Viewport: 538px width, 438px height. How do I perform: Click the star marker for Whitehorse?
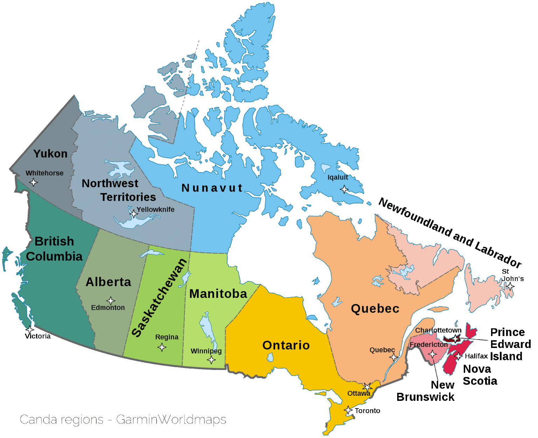click(33, 182)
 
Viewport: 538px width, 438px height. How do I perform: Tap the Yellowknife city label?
click(156, 210)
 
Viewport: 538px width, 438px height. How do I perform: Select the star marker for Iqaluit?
click(344, 190)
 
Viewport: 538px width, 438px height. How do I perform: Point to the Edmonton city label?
click(108, 308)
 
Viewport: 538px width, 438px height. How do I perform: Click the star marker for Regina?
click(161, 348)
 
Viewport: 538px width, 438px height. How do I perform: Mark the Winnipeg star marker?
click(211, 360)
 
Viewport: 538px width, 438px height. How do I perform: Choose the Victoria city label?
click(38, 336)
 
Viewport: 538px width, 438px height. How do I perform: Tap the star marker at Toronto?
click(348, 410)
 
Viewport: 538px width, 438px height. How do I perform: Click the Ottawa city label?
click(359, 393)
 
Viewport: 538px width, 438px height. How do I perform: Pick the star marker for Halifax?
click(458, 356)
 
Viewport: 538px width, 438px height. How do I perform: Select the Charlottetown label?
click(438, 330)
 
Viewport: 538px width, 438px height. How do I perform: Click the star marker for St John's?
click(511, 286)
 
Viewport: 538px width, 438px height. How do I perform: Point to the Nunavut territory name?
click(212, 188)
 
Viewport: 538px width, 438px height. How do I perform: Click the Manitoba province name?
click(218, 294)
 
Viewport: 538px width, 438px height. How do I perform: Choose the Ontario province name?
click(286, 345)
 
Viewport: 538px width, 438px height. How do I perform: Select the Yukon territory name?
click(50, 153)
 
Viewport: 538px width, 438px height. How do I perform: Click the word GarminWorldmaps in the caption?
click(171, 419)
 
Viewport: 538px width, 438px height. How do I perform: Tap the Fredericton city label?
click(429, 345)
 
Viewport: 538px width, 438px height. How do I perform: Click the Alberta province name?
click(109, 282)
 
